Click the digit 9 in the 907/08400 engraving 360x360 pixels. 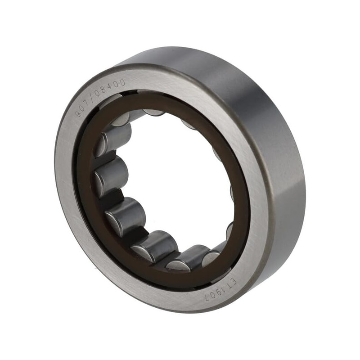pos(79,113)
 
